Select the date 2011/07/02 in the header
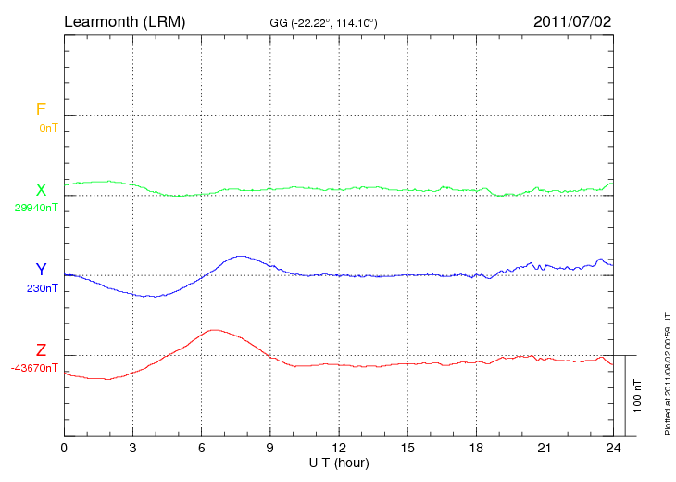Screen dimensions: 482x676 (x=572, y=20)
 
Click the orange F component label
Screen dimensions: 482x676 (x=41, y=109)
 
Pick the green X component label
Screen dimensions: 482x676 (x=41, y=189)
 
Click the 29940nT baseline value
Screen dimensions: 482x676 (x=36, y=208)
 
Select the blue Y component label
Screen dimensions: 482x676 (x=41, y=270)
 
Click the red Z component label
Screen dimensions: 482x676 (x=41, y=349)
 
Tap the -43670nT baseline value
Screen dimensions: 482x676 (x=35, y=368)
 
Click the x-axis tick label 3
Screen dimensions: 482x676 (x=133, y=447)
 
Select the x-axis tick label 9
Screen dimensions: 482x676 (x=270, y=447)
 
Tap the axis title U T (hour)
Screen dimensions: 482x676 (x=339, y=461)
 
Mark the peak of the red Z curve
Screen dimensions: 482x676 (x=215, y=329)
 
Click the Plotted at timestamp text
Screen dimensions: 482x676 (x=667, y=371)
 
